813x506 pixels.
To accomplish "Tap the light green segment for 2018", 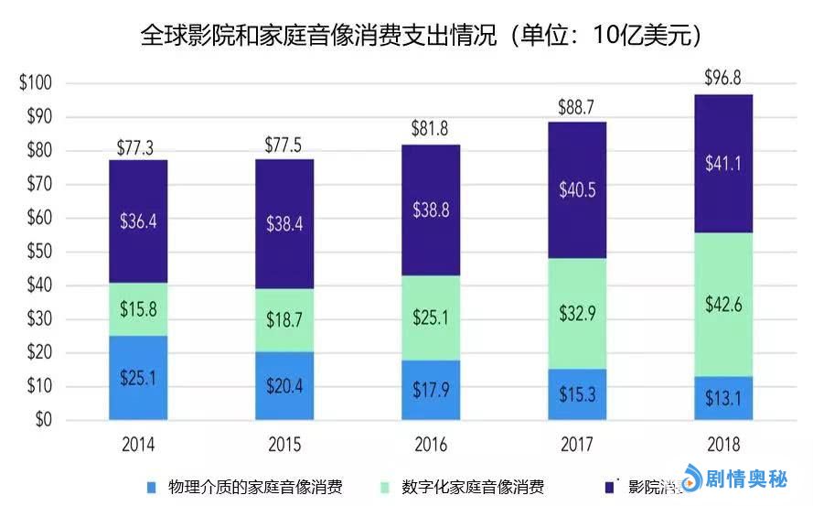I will click(723, 304).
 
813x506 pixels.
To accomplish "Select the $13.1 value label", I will click(723, 399).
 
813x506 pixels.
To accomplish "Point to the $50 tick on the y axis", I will click(37, 252).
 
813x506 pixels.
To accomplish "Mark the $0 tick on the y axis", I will click(41, 420).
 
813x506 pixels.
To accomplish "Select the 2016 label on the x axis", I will click(431, 446).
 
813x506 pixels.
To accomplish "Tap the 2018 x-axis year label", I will click(723, 446).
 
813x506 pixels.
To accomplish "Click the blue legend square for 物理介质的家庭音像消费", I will click(153, 485).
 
